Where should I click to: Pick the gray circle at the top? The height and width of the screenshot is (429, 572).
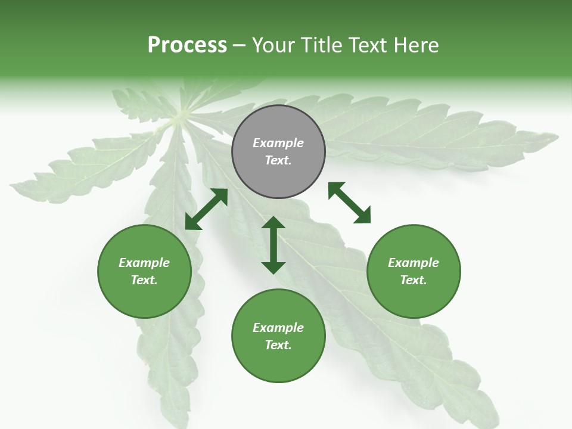[x=278, y=151]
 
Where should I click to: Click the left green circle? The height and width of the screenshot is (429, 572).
[x=144, y=271]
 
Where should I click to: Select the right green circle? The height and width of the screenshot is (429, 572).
[x=414, y=271]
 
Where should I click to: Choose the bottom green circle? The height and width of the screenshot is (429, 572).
[x=278, y=336]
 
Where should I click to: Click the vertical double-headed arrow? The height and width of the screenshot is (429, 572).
[x=273, y=245]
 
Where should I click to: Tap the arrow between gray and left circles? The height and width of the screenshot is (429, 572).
[x=206, y=209]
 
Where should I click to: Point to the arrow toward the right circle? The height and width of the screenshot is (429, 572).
[x=349, y=203]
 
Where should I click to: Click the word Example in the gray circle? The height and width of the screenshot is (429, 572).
[x=278, y=143]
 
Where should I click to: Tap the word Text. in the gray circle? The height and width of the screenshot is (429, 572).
[x=278, y=160]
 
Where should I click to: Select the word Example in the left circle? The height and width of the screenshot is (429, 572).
[x=144, y=263]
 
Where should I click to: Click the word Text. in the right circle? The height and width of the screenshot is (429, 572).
[x=414, y=280]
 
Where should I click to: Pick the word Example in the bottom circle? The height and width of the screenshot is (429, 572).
[x=278, y=328]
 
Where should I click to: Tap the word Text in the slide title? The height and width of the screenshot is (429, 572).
[x=363, y=45]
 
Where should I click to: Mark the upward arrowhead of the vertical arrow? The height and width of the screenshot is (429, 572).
[x=273, y=224]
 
